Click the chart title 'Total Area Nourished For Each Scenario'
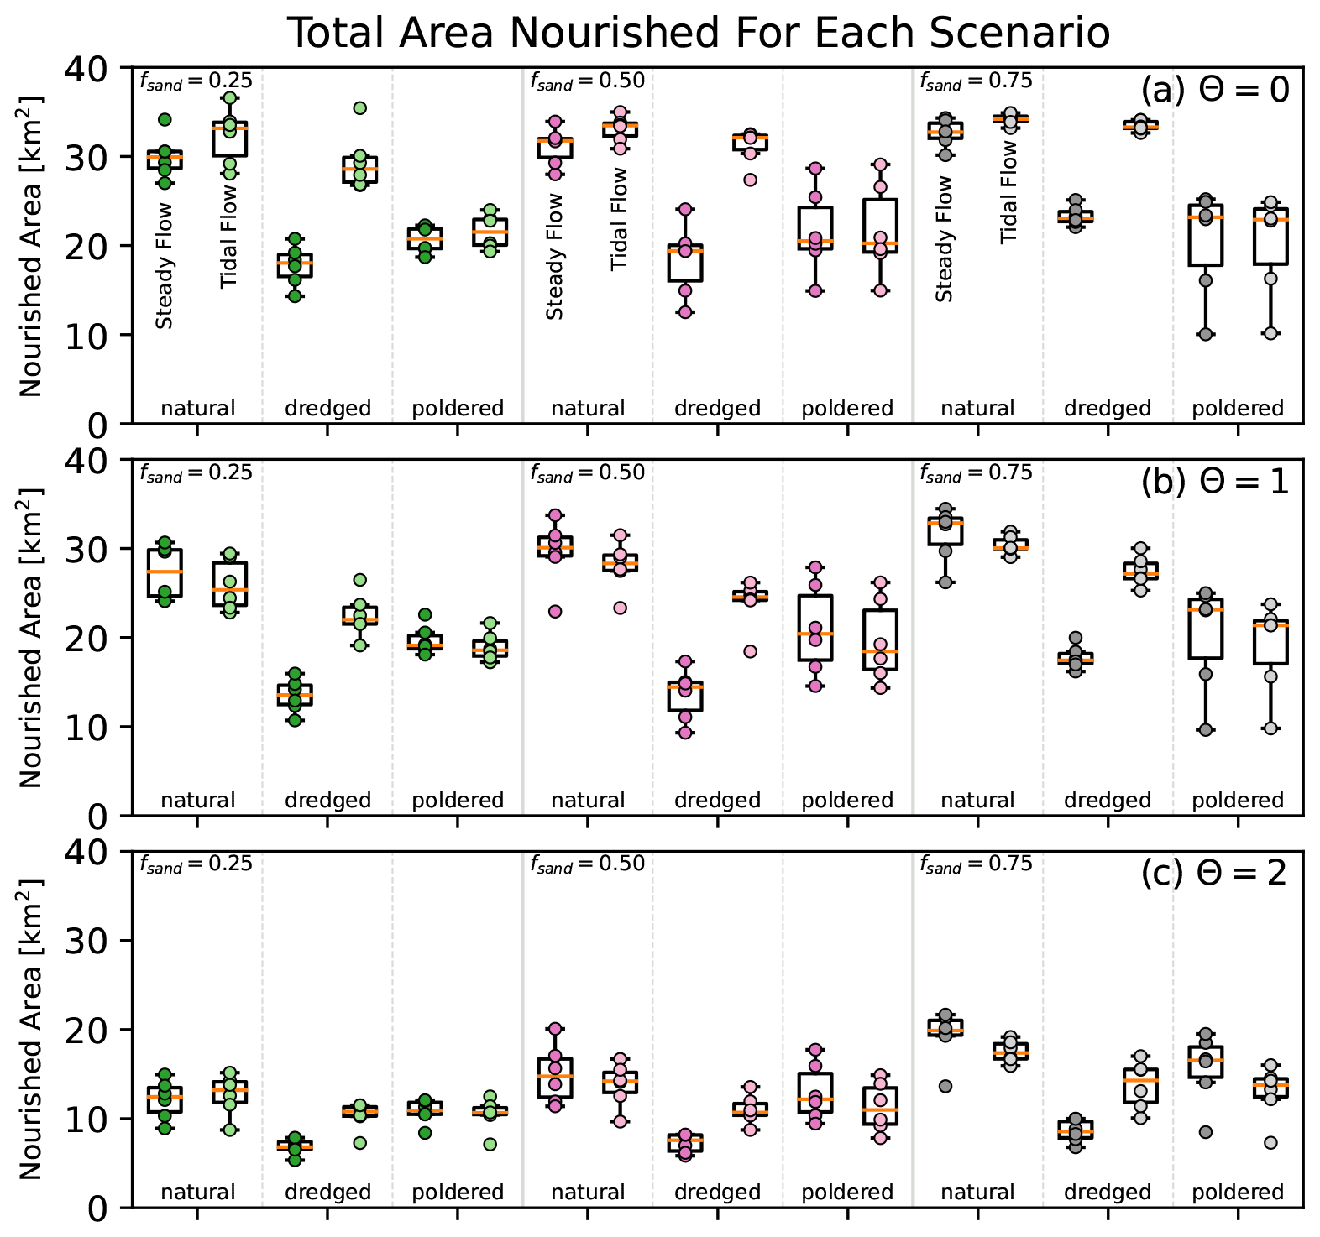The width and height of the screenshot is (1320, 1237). click(x=699, y=34)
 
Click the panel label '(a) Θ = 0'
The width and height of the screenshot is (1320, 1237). click(x=1214, y=89)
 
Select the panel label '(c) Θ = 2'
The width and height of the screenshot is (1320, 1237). click(x=1214, y=874)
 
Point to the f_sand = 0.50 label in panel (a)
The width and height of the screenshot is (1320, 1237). click(x=587, y=81)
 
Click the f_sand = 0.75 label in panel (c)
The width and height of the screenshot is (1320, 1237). click(x=976, y=864)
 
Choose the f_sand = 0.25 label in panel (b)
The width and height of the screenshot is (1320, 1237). click(x=196, y=472)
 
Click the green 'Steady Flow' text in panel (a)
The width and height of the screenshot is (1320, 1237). click(x=165, y=265)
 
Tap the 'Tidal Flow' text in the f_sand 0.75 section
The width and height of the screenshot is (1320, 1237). click(x=1009, y=191)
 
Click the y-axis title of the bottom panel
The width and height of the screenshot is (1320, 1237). click(x=30, y=1030)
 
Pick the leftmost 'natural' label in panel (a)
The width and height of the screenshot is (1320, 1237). click(x=197, y=409)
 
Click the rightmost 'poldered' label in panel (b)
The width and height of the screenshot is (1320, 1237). click(x=1238, y=801)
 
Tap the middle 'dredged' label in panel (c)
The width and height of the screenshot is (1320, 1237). click(x=717, y=1193)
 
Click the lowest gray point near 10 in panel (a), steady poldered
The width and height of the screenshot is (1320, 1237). click(x=1206, y=334)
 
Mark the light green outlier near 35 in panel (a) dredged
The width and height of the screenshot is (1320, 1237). click(x=359, y=107)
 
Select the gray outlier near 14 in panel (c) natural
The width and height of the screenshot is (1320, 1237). click(x=945, y=1086)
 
